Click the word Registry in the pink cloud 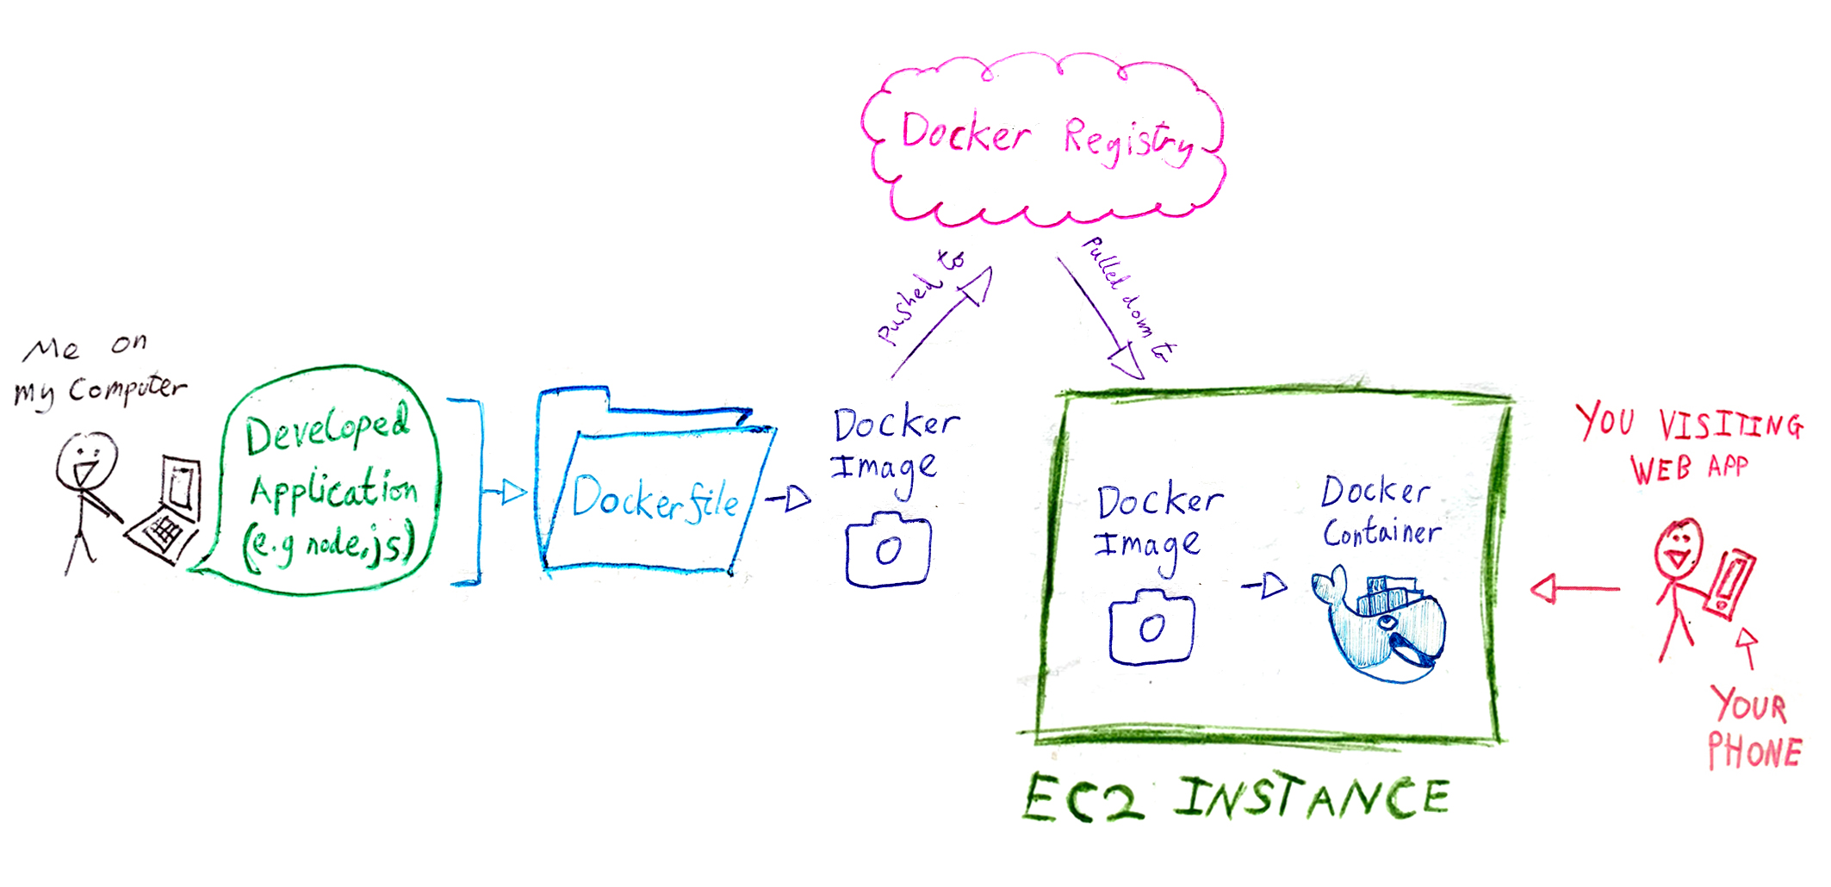pyautogui.click(x=1128, y=140)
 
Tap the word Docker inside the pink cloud pyautogui.click(x=965, y=134)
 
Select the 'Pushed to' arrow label pyautogui.click(x=917, y=297)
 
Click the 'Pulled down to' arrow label pyautogui.click(x=1128, y=297)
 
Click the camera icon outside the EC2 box pyautogui.click(x=888, y=550)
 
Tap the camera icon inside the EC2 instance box pyautogui.click(x=1151, y=628)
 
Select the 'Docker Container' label pyautogui.click(x=1380, y=512)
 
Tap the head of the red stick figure pyautogui.click(x=1679, y=548)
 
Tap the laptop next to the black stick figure pyautogui.click(x=169, y=512)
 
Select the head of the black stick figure pyautogui.click(x=86, y=460)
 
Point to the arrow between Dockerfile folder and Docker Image pyautogui.click(x=788, y=498)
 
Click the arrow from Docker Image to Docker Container pyautogui.click(x=1264, y=586)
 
